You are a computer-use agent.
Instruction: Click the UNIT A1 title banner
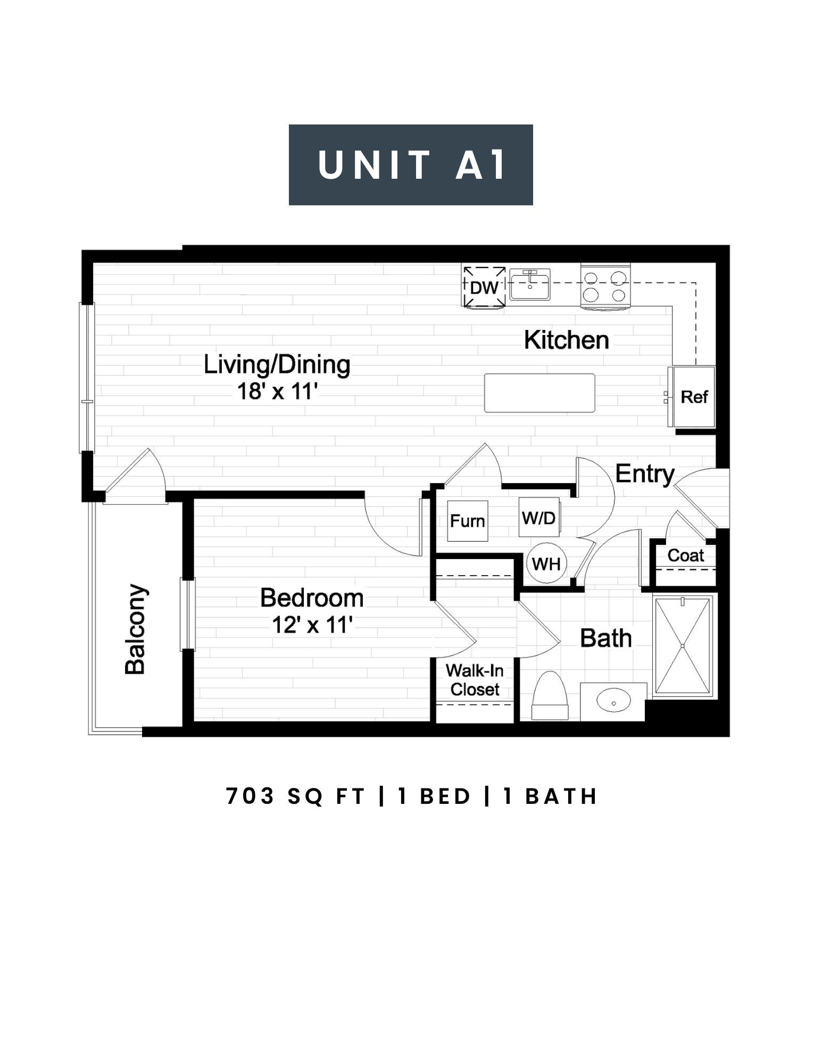point(411,165)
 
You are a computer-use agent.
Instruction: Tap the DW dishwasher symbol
point(484,287)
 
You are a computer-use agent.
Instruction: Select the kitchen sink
point(530,285)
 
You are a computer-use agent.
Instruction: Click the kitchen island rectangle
point(539,393)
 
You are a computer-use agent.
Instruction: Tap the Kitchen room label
point(567,340)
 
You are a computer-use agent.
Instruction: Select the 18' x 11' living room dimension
point(277,392)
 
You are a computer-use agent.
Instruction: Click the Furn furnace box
point(468,521)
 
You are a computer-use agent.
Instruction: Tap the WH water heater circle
point(546,563)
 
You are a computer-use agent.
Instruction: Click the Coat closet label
point(686,555)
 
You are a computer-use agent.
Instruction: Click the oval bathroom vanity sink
point(614,701)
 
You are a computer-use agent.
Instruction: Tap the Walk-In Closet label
point(475,680)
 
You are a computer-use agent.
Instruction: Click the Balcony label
point(135,630)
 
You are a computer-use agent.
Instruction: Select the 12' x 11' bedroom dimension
point(313,625)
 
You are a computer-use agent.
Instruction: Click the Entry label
point(645,473)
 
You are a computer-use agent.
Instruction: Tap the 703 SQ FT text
point(296,796)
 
